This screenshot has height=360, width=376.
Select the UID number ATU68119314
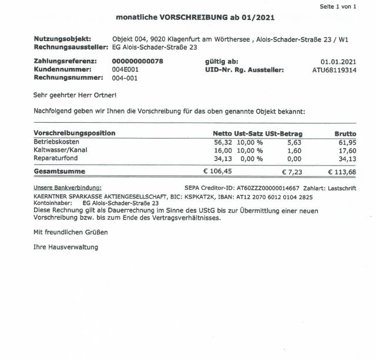click(334, 70)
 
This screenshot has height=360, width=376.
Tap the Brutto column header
click(345, 133)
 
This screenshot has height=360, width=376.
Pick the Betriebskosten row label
click(57, 142)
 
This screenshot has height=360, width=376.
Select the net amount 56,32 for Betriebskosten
click(223, 142)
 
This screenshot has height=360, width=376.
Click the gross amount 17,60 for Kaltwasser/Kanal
click(348, 150)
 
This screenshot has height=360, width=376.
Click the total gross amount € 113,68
click(342, 171)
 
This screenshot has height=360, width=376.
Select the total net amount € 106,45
click(218, 171)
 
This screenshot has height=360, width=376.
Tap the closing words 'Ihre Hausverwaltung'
click(66, 247)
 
